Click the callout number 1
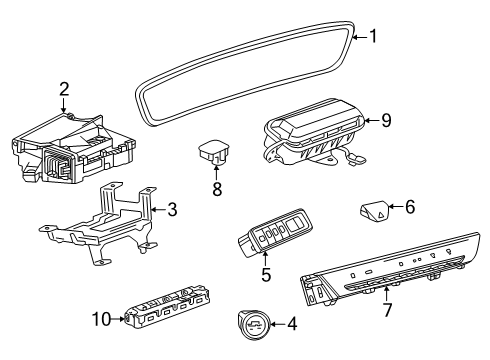coord(373,36)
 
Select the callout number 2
coord(64,89)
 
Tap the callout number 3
coord(172,210)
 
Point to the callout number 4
coord(292,324)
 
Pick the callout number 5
coord(266,275)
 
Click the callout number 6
coord(410,207)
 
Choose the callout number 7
coord(387,310)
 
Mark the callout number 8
coord(217,189)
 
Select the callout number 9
coord(386,120)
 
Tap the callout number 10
coord(102,319)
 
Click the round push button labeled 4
coord(254,324)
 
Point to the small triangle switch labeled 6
coord(374,211)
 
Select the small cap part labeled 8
coord(213,152)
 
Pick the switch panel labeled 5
coord(275,232)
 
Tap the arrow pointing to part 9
coord(372,120)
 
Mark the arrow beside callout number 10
coord(118,319)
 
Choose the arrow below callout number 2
coord(63,104)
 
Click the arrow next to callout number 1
coord(360,37)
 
